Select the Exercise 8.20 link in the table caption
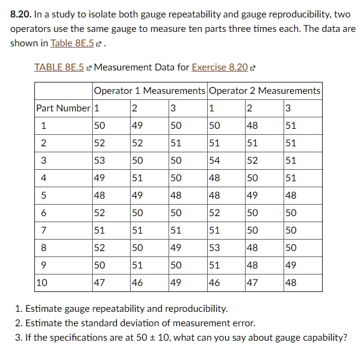coord(220,67)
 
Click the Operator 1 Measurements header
coord(149,90)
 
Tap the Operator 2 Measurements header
coord(264,90)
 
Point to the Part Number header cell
coord(63,108)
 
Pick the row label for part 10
coord(43,282)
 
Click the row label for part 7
coord(43,230)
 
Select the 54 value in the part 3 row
coord(214,161)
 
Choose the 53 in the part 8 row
coord(214,247)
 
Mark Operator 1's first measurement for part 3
coord(100,161)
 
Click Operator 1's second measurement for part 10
coord(138,282)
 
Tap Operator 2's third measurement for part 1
coord(291,126)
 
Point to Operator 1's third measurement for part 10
coord(176,282)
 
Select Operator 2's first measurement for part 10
coord(214,282)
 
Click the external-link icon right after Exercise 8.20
coord(253,67)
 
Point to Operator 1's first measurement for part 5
coord(100,195)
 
